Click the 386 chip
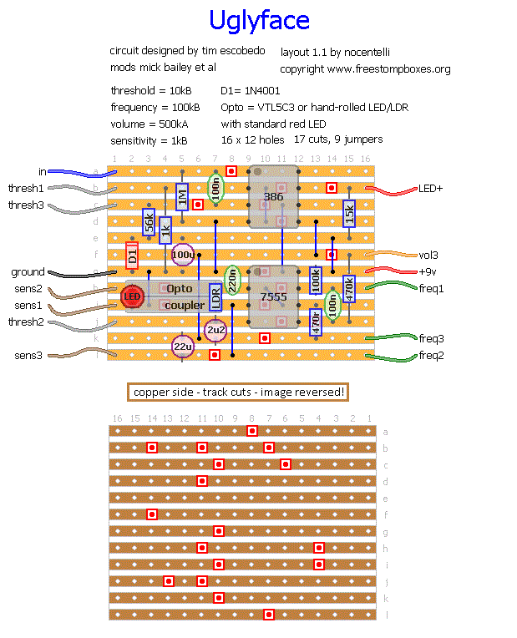[273, 197]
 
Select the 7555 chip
[273, 297]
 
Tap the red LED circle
[132, 296]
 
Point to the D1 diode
[132, 255]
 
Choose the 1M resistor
[182, 197]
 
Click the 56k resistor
[149, 221]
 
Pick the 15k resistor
[349, 213]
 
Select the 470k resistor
[349, 288]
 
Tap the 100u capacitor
[182, 255]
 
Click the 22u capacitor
[182, 346]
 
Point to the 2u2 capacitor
[215, 330]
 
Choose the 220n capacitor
[232, 280]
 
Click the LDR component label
[215, 296]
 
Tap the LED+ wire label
[431, 189]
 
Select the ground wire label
[28, 272]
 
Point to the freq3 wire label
[432, 338]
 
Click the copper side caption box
[236, 392]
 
